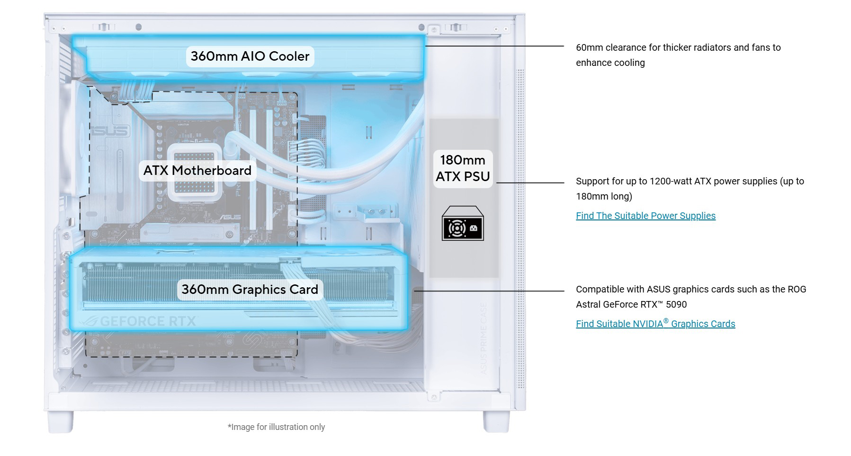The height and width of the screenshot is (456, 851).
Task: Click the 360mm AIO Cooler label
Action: (250, 56)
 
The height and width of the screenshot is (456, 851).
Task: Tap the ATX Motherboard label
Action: (197, 171)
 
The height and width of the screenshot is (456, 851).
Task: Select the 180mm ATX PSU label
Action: (463, 168)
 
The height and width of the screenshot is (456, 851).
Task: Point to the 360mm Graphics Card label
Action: (250, 290)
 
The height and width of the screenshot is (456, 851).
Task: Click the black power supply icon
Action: (463, 223)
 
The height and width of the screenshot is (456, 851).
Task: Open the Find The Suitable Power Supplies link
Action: (645, 216)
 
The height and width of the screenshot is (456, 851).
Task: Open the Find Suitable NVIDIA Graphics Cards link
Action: (655, 324)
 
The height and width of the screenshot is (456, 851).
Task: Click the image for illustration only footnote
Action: (276, 427)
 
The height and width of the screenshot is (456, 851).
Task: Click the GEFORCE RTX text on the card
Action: (148, 322)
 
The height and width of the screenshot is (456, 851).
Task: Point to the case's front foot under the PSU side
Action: (496, 421)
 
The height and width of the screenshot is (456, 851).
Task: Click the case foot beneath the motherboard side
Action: (61, 421)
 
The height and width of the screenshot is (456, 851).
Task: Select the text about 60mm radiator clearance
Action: (678, 55)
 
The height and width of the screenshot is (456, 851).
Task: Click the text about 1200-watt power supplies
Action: (690, 189)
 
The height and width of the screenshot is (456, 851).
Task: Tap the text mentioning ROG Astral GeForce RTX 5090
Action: (691, 297)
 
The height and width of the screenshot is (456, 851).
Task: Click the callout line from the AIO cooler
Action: (495, 46)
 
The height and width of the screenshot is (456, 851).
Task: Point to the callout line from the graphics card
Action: (489, 291)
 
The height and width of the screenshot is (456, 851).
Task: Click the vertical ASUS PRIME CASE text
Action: (484, 338)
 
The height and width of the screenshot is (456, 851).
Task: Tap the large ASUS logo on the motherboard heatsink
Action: (109, 131)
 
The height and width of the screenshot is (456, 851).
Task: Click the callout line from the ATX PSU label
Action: (530, 182)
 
